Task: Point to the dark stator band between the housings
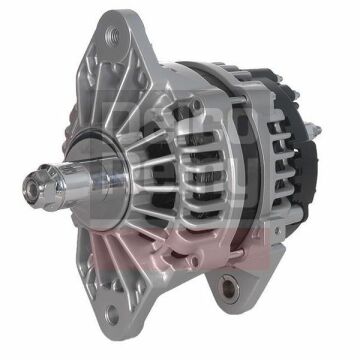[232, 170]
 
